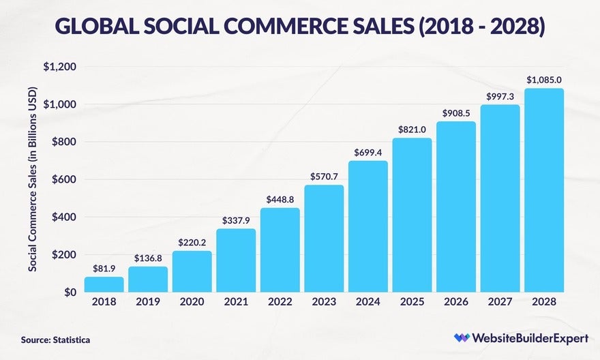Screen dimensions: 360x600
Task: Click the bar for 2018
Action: point(104,284)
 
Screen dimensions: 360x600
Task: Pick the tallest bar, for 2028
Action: point(544,190)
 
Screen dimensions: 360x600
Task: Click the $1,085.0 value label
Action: point(544,80)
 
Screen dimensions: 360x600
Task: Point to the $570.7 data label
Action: point(324,176)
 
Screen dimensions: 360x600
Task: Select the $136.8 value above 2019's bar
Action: point(148,258)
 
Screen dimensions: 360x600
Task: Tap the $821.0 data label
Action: point(412,130)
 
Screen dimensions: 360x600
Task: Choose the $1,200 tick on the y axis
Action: point(59,67)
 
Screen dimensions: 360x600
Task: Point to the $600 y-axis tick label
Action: point(63,179)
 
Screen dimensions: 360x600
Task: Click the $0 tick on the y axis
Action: point(70,292)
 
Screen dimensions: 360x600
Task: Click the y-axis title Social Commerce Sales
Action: point(32,179)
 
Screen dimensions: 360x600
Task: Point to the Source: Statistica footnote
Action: point(55,339)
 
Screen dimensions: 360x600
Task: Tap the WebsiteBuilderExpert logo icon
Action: point(462,337)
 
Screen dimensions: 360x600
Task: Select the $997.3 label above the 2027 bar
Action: point(500,97)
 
